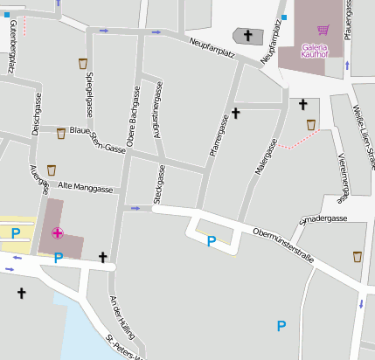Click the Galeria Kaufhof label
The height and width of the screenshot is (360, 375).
click(x=314, y=50)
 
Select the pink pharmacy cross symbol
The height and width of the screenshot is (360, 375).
click(x=58, y=232)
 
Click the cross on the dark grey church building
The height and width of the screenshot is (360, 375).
click(x=248, y=36)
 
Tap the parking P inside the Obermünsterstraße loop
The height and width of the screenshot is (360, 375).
click(x=211, y=240)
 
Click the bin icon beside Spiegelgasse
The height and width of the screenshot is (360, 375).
click(x=83, y=63)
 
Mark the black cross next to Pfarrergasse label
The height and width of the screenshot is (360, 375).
click(x=235, y=114)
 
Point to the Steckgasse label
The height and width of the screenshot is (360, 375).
click(x=158, y=186)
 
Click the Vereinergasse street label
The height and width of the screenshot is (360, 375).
click(x=344, y=175)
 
